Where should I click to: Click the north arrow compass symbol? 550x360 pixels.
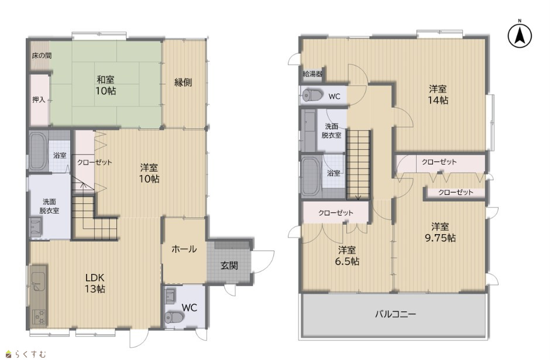[x=520, y=35]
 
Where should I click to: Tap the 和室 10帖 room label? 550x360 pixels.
[x=105, y=85]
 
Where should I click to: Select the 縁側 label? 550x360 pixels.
[x=183, y=83]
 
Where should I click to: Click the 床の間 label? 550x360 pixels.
[x=42, y=56]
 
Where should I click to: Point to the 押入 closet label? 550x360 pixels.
[x=39, y=100]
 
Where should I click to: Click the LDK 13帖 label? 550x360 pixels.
[x=95, y=283]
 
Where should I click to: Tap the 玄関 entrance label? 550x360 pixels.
[x=229, y=266]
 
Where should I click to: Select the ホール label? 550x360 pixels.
[x=184, y=249]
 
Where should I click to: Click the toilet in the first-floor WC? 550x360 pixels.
[x=174, y=317]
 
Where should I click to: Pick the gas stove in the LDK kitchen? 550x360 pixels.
[x=39, y=316]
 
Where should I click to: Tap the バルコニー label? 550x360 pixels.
[x=396, y=314]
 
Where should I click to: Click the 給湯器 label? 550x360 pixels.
[x=312, y=74]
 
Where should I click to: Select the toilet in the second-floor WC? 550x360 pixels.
[x=313, y=95]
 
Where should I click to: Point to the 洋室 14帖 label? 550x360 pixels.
[x=438, y=94]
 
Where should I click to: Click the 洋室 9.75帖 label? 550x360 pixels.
[x=440, y=232]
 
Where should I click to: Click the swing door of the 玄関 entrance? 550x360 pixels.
[x=262, y=262]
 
